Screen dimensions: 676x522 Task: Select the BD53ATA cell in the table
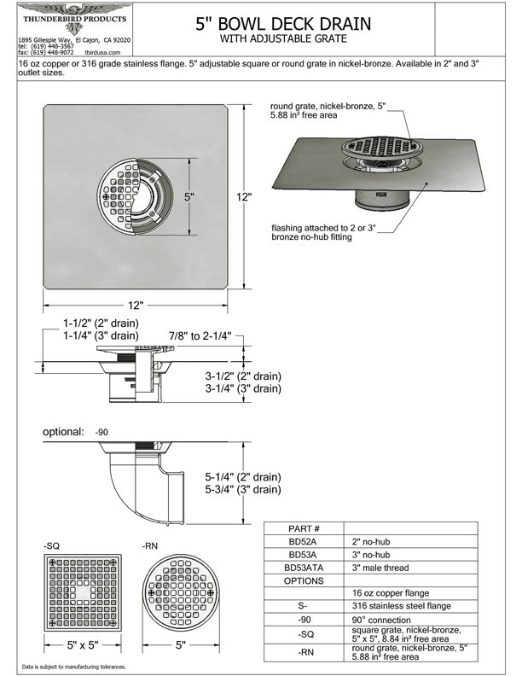(304, 568)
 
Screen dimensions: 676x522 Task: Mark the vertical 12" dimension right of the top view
(245, 197)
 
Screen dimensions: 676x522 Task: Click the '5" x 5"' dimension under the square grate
(85, 645)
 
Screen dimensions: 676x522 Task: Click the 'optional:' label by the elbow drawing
(64, 432)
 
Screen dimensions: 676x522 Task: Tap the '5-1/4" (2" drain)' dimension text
(243, 477)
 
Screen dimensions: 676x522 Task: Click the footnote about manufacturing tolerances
(73, 667)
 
